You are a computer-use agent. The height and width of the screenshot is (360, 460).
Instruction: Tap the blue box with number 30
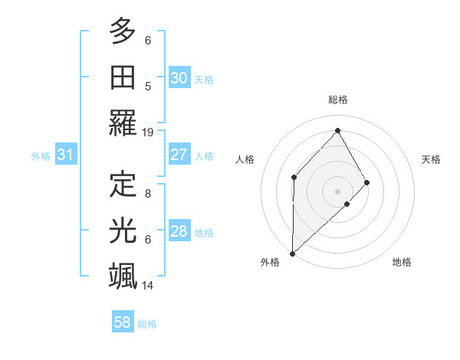point(179,78)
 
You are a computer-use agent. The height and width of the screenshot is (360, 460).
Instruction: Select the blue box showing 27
point(179,155)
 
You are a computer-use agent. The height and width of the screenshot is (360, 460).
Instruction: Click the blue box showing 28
point(179,231)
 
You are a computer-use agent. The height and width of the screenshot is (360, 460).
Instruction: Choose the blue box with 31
point(65,155)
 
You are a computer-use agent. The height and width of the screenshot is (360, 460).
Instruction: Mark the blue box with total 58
point(122,322)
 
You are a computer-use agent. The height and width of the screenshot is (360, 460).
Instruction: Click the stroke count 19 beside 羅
point(148,132)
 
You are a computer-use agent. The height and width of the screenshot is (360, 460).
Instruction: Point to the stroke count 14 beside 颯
point(148,285)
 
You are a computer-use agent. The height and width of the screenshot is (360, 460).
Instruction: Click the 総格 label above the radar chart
point(338,100)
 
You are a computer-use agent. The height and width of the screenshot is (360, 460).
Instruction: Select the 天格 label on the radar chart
point(432,159)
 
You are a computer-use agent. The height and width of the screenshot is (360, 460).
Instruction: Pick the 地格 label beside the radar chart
point(402,262)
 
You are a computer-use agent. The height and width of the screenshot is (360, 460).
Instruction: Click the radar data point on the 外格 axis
point(292,253)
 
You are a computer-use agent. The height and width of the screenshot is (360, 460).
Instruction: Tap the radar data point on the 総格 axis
point(337,130)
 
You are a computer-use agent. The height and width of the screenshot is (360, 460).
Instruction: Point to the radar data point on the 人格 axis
point(294,177)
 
